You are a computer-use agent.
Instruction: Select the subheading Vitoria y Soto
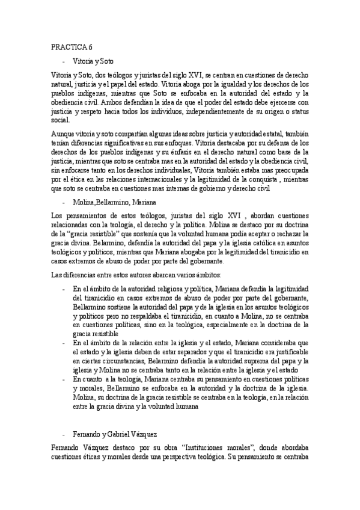pos(93,61)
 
